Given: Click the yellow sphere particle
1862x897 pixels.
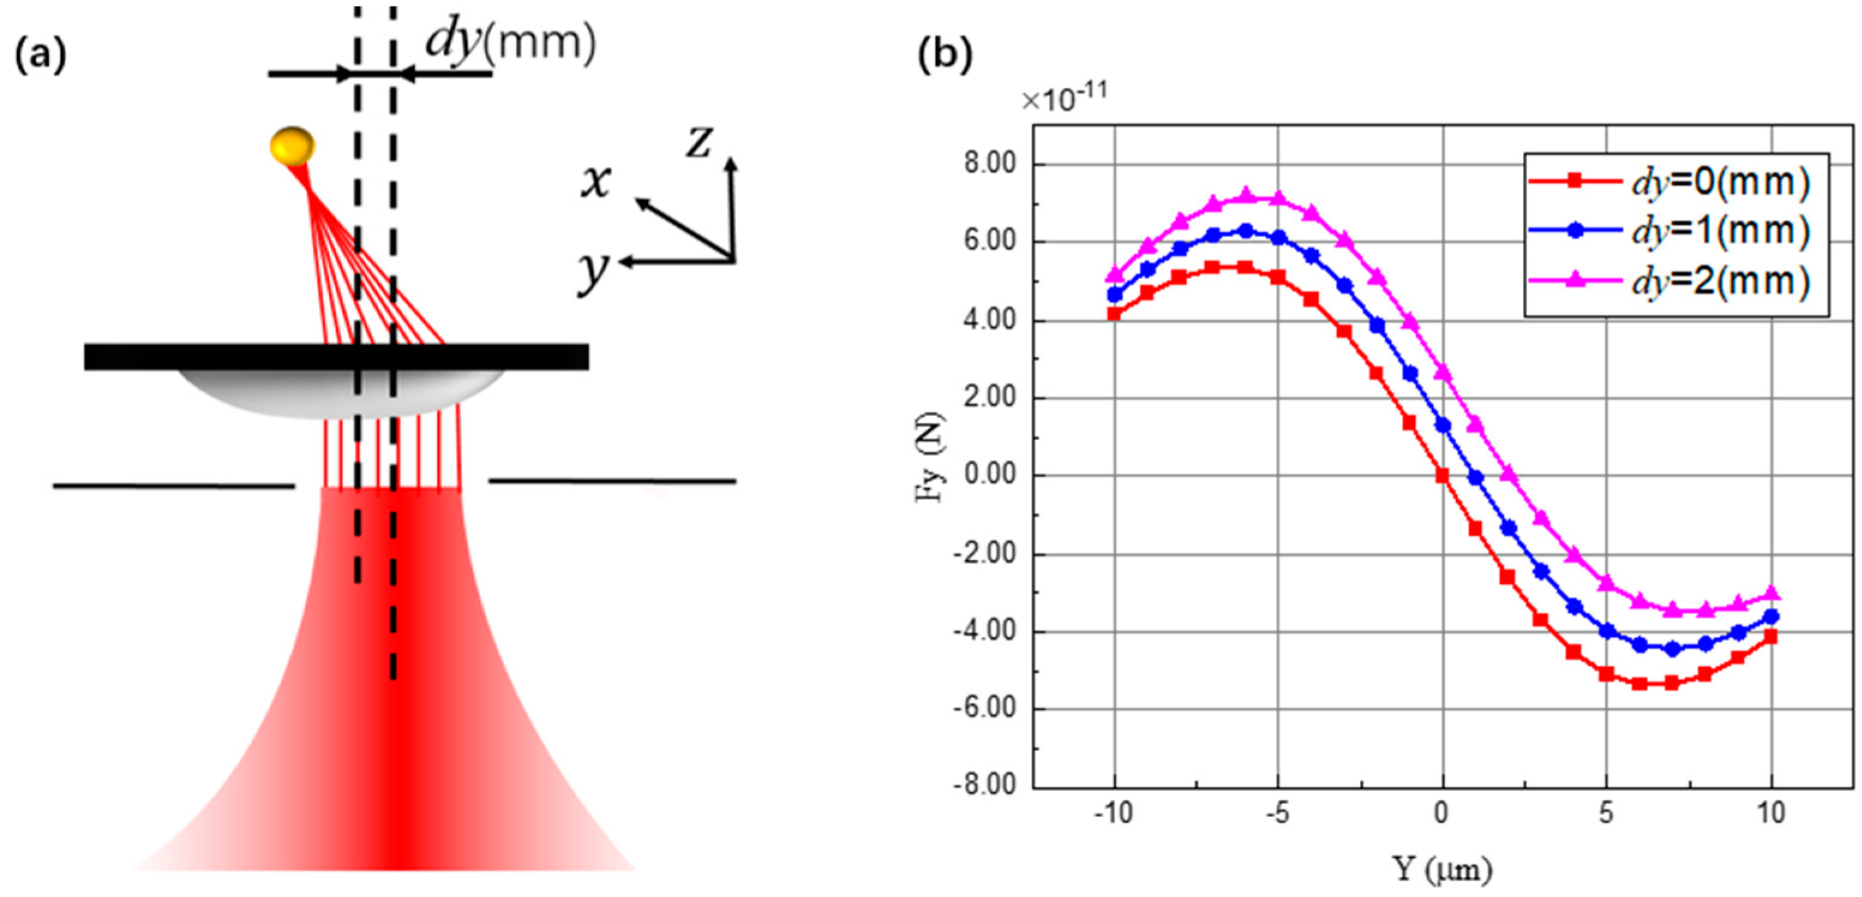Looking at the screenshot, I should tap(292, 145).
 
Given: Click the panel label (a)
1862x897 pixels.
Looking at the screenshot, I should tap(40, 56).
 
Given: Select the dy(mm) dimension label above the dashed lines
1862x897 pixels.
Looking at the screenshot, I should tap(510, 42).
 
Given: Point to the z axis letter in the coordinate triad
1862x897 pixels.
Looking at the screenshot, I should tap(700, 140).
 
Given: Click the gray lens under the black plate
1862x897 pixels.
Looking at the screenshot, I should tap(340, 395).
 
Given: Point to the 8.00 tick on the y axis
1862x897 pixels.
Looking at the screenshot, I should tap(990, 164).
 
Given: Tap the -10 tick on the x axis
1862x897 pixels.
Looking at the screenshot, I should tap(1113, 814).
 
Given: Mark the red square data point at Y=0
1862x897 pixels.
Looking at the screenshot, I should tap(1442, 476).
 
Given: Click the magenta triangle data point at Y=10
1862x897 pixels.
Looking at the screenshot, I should tap(1771, 593).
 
